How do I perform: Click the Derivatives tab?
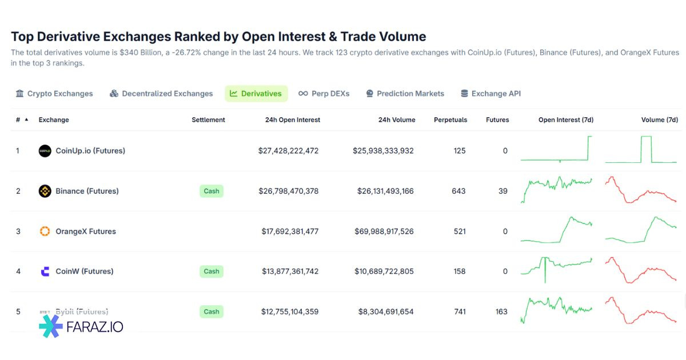(x=256, y=94)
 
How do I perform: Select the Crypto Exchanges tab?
(x=54, y=94)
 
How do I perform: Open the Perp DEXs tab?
(x=324, y=94)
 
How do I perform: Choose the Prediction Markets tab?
(x=405, y=94)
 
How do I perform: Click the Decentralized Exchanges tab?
(x=161, y=94)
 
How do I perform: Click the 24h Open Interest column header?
(x=293, y=120)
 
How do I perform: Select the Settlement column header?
(x=208, y=120)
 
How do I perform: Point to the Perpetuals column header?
(x=450, y=120)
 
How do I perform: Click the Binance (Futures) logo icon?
(x=45, y=191)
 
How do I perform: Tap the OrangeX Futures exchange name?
(x=86, y=231)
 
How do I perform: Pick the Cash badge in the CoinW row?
(x=212, y=271)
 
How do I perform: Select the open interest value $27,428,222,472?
(x=288, y=151)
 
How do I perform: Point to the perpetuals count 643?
(x=458, y=191)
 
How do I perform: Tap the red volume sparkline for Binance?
(x=641, y=191)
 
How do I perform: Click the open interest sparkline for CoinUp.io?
(x=556, y=151)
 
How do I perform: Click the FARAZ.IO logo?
(x=81, y=327)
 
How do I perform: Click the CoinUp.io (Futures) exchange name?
(x=90, y=151)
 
